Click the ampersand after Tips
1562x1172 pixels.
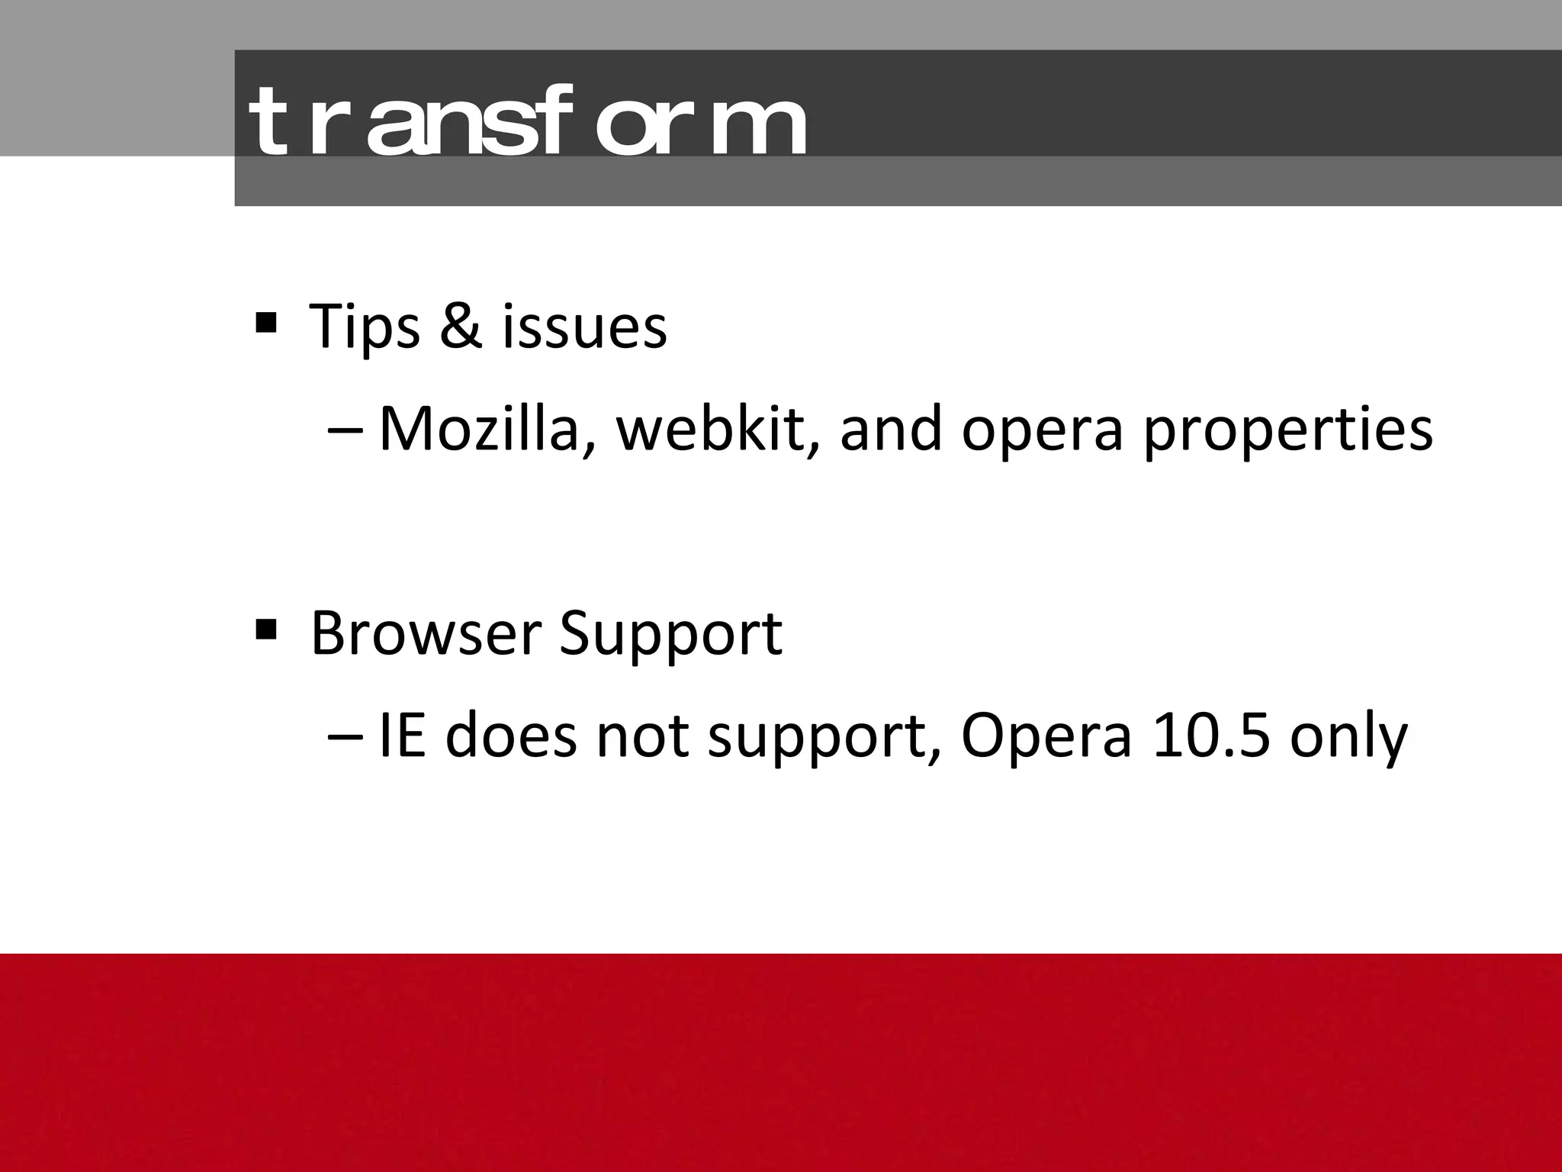click(461, 327)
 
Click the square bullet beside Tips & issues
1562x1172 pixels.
click(266, 322)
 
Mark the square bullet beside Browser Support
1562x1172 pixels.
click(266, 629)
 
